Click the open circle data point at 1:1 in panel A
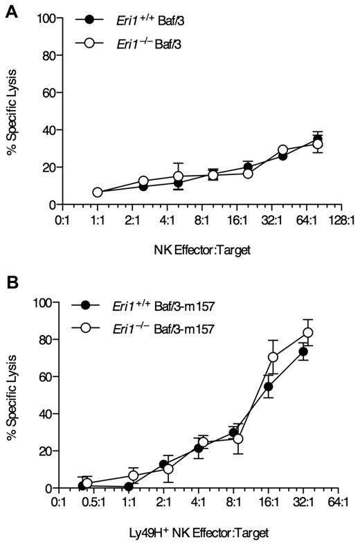click(98, 192)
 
